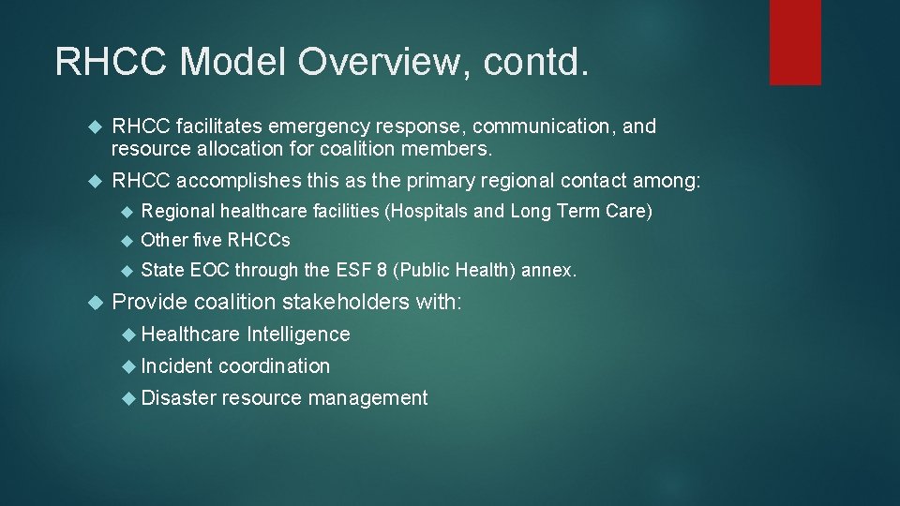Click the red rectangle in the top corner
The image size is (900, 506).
point(795,42)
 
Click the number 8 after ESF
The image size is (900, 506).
point(382,271)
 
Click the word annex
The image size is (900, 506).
point(548,271)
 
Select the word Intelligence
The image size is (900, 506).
point(298,335)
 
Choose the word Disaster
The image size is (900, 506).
point(179,398)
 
